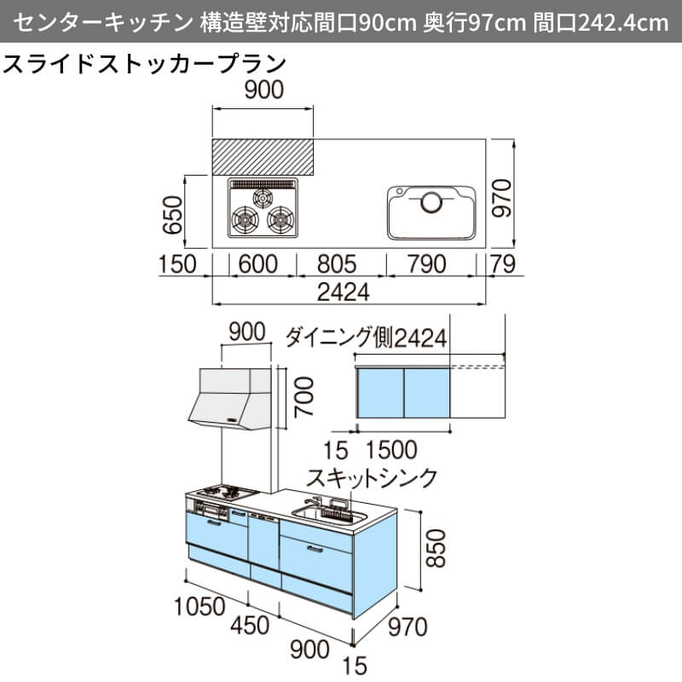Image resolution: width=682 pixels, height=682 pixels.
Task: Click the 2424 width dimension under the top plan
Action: tap(344, 292)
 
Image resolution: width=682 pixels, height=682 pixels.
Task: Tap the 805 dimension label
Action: tap(337, 264)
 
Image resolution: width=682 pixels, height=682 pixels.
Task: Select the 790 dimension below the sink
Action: tap(427, 264)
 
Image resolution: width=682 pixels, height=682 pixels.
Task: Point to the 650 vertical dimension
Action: tap(173, 215)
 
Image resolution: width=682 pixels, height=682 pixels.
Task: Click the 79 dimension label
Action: tap(503, 264)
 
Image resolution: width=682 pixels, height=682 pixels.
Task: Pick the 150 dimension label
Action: tap(177, 264)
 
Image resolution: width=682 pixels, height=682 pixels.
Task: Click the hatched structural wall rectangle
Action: tap(263, 157)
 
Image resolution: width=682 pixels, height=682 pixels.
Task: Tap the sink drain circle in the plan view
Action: tap(431, 202)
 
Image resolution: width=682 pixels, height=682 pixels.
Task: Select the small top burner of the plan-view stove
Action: tap(263, 199)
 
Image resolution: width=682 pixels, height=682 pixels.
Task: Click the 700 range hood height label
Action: tap(303, 397)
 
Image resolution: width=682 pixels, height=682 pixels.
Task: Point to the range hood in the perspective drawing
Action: tap(229, 399)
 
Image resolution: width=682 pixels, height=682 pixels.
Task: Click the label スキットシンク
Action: tap(372, 477)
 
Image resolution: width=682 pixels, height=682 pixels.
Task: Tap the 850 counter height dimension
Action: tap(435, 548)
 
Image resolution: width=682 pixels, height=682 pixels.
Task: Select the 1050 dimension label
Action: tap(199, 606)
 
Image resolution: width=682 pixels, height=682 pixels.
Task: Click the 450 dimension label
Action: tap(249, 625)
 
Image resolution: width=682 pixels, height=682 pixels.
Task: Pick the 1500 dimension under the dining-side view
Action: tap(391, 450)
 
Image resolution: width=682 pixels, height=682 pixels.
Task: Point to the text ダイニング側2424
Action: tap(366, 338)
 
